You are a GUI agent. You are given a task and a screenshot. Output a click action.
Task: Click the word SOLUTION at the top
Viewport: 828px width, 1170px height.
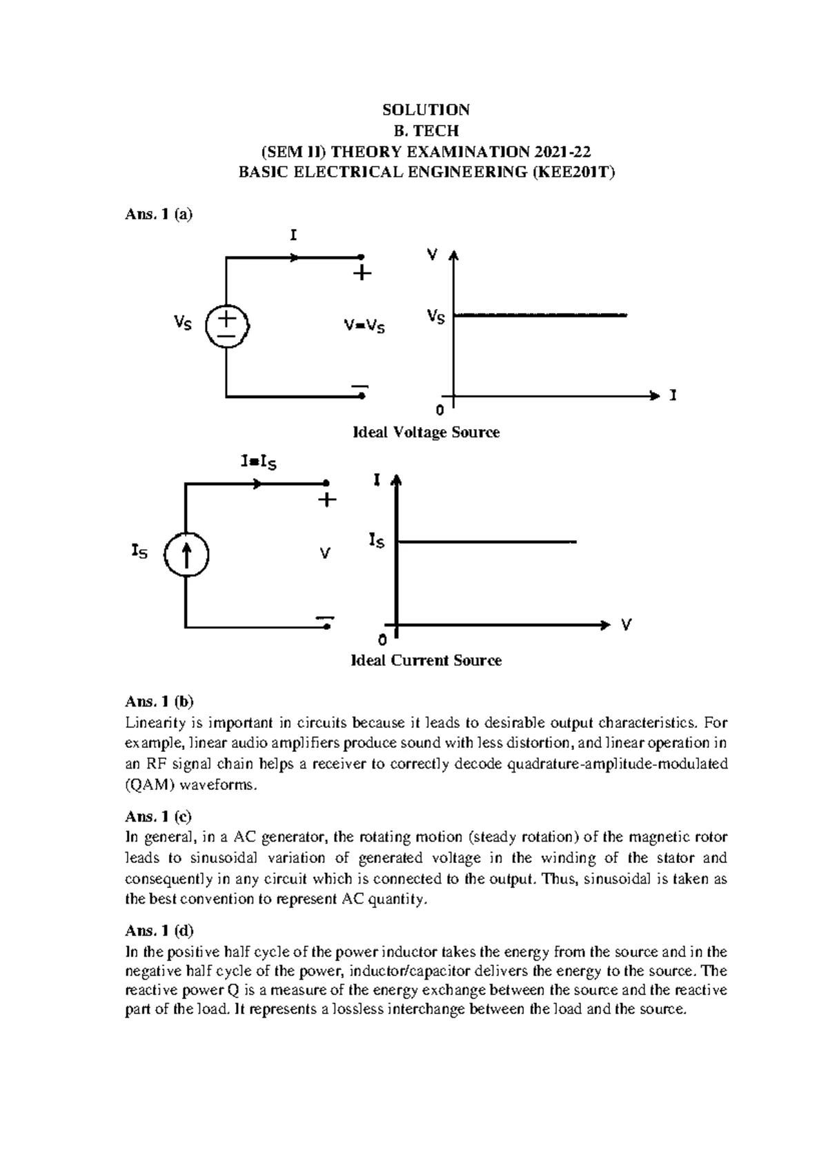pos(426,110)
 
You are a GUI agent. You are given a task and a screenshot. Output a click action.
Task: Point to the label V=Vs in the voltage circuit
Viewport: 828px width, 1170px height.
pos(364,326)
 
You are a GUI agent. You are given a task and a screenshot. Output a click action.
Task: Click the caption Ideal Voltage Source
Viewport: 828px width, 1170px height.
pos(426,433)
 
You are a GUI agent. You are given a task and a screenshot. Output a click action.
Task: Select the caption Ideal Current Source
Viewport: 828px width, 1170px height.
pos(426,660)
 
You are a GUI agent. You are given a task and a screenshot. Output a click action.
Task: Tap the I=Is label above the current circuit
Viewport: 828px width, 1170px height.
pos(259,462)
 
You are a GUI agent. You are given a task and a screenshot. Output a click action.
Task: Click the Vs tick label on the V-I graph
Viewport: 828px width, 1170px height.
pos(435,317)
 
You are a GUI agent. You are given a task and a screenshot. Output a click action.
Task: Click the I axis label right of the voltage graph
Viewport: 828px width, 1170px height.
pos(673,396)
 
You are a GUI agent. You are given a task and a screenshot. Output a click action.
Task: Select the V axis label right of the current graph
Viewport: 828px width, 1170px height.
pos(626,625)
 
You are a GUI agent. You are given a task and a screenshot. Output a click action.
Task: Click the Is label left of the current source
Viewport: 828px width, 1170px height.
pos(139,551)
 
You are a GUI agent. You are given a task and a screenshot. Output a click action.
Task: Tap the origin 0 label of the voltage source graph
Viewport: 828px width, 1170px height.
pos(440,411)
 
